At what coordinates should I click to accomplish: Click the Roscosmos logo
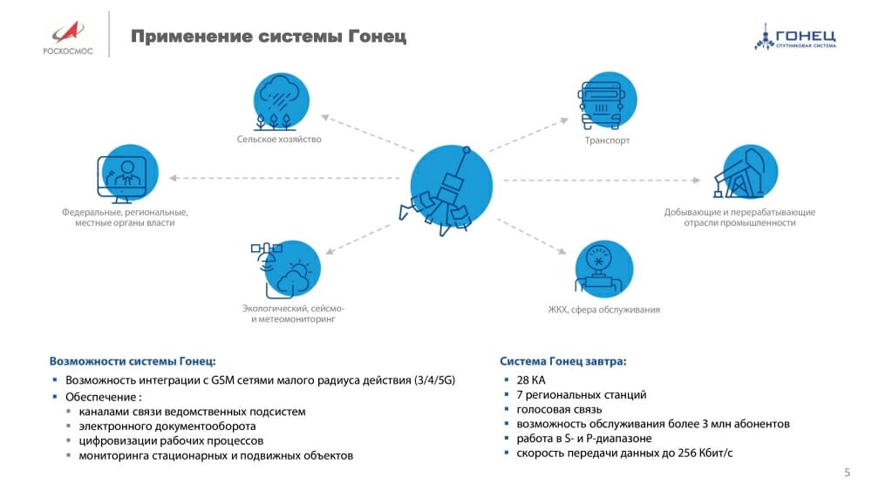(x=68, y=38)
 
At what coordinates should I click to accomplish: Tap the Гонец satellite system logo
(x=795, y=37)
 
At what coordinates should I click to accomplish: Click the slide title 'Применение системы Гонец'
(x=269, y=37)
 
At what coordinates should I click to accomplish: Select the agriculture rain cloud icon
(x=281, y=101)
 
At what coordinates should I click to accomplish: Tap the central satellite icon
(x=446, y=189)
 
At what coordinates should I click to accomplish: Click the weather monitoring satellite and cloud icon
(x=286, y=269)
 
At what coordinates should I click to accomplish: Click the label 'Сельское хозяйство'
(x=279, y=139)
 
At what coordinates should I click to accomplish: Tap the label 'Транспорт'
(x=607, y=140)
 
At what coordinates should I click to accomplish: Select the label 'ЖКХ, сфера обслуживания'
(x=604, y=310)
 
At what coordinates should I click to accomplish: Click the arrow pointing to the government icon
(x=284, y=178)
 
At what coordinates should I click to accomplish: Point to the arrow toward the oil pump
(x=602, y=181)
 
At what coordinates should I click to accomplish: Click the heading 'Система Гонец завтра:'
(x=562, y=361)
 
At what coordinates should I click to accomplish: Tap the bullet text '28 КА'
(x=531, y=380)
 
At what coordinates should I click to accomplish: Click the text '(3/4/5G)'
(x=435, y=380)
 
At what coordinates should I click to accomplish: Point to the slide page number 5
(x=847, y=473)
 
